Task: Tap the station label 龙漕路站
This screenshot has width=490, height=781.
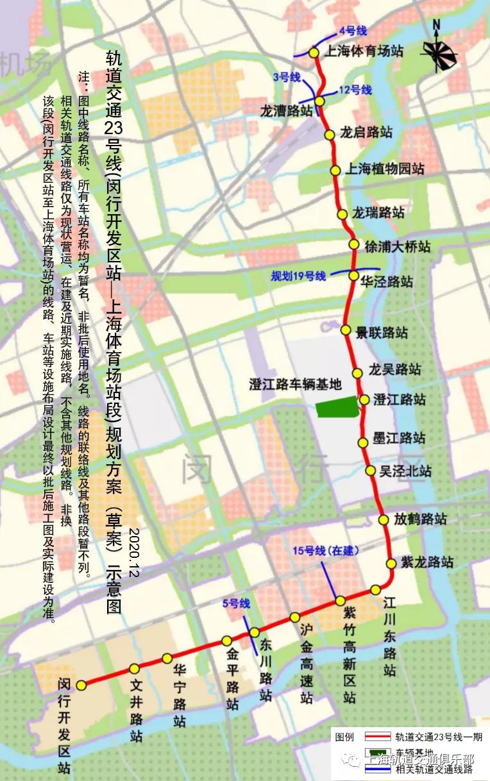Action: (x=286, y=111)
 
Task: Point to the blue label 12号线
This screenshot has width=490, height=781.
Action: (x=355, y=90)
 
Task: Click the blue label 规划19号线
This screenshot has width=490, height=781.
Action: (x=298, y=276)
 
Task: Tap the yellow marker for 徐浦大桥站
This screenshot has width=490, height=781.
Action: (x=353, y=244)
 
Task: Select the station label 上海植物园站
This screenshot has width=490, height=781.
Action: (x=385, y=170)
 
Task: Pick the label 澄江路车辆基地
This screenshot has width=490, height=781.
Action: (x=295, y=384)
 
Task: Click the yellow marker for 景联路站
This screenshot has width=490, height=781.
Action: (x=346, y=331)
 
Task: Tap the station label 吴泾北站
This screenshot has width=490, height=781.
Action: (x=405, y=471)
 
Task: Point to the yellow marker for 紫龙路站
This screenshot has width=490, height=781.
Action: (x=391, y=564)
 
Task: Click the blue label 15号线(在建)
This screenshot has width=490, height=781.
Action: (x=326, y=551)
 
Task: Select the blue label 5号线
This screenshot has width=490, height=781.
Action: (x=235, y=603)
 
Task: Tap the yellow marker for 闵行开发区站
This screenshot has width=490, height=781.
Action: (x=81, y=685)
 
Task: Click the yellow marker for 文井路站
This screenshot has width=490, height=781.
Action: (x=134, y=669)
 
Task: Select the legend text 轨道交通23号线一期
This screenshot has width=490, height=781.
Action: (x=439, y=737)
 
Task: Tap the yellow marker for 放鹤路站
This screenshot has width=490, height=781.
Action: (x=384, y=520)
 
